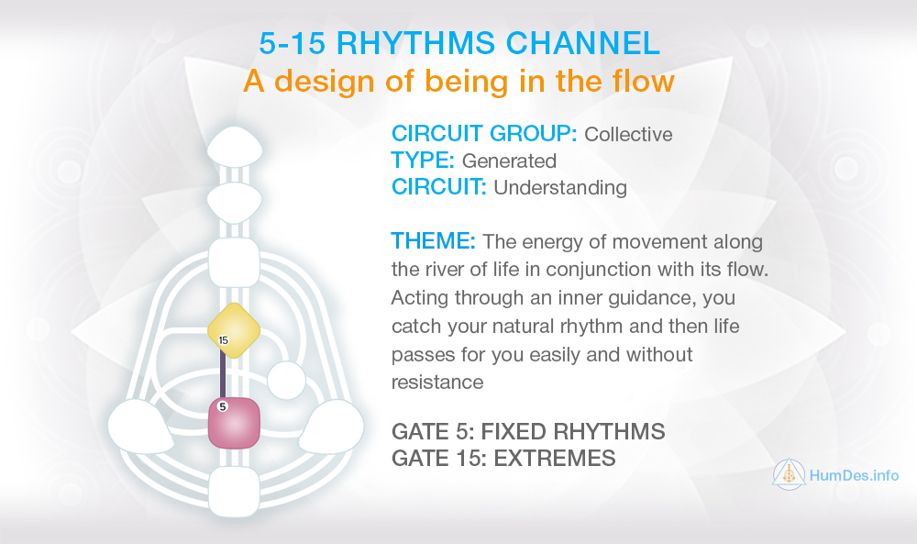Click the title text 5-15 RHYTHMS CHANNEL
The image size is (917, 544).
coord(458,43)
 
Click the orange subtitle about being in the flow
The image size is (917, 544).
coord(458,82)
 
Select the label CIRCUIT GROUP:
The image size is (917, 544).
coord(483,134)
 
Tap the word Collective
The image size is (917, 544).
coord(628,134)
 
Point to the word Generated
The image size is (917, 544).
coord(509,161)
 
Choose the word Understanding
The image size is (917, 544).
coord(559,187)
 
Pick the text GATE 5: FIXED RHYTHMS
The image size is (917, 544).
coord(527,431)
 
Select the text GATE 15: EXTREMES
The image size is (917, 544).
coord(503,458)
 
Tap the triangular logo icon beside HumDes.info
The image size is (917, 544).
coord(789,475)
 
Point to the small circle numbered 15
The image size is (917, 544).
coord(223,340)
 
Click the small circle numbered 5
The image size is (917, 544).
coord(223,405)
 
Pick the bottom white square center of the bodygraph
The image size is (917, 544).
coord(235,490)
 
